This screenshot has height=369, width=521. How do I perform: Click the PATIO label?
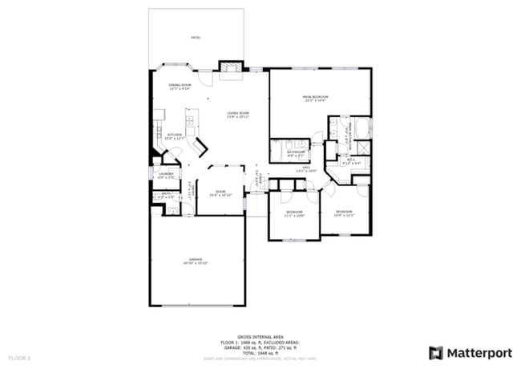(196, 38)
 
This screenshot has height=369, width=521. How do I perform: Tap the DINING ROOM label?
(180, 84)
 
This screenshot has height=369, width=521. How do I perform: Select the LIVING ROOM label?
(238, 113)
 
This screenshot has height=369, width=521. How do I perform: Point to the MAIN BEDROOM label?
(315, 97)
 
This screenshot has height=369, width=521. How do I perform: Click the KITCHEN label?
(174, 135)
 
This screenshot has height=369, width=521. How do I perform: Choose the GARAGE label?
(196, 259)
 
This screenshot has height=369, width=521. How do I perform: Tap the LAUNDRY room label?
(166, 173)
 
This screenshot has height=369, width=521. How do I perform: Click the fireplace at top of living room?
(231, 70)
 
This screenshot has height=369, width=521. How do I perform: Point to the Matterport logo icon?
(436, 352)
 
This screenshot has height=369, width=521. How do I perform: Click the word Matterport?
(479, 352)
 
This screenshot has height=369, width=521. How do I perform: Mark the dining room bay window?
(172, 66)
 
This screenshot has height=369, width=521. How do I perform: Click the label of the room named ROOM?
(220, 190)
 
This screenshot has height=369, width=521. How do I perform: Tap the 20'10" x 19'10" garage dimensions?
(196, 264)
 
